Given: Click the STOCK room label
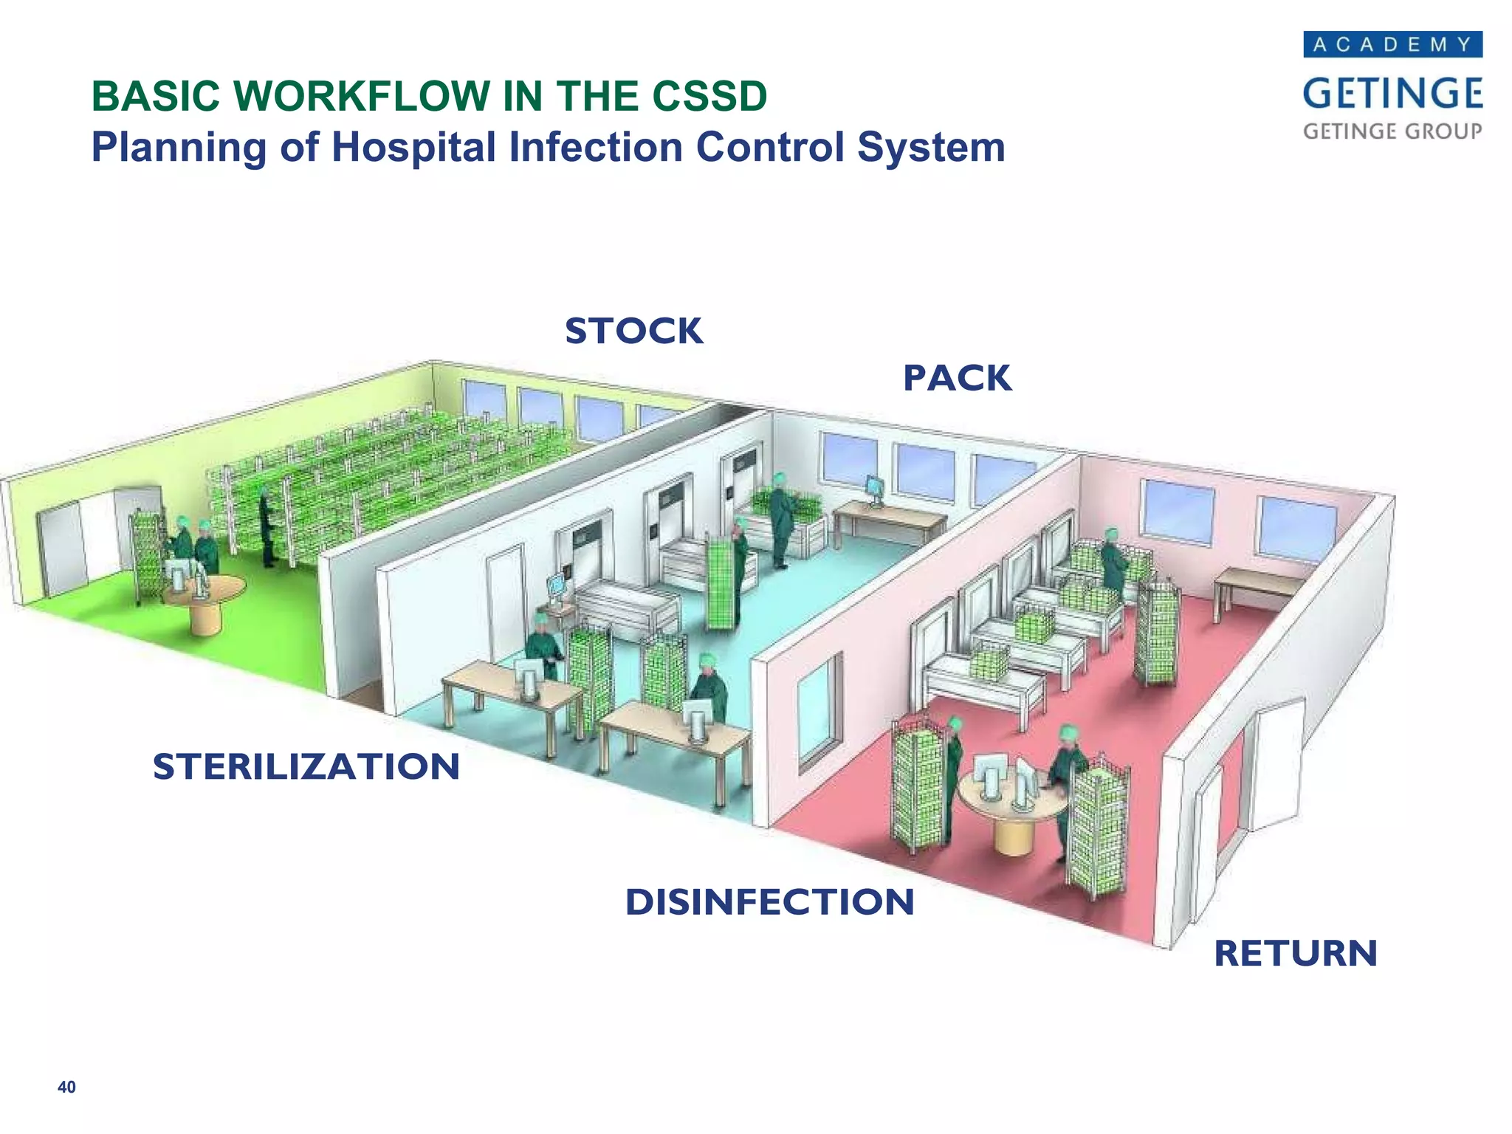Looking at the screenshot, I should click(x=633, y=331).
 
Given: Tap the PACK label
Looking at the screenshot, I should click(x=957, y=379).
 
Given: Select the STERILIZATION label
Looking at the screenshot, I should click(x=306, y=766).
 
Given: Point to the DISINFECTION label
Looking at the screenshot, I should click(x=769, y=902).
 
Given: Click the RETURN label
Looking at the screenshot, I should click(x=1296, y=953).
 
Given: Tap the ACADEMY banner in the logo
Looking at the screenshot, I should click(x=1392, y=44).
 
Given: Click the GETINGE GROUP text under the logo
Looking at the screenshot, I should click(x=1392, y=131).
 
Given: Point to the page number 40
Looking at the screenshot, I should click(x=66, y=1087).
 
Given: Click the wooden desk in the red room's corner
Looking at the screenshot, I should click(x=1255, y=583).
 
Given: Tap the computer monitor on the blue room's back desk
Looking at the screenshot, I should click(x=875, y=488).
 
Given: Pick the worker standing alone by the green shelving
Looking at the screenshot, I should click(x=267, y=528).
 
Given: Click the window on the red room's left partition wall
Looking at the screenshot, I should click(x=819, y=709).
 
